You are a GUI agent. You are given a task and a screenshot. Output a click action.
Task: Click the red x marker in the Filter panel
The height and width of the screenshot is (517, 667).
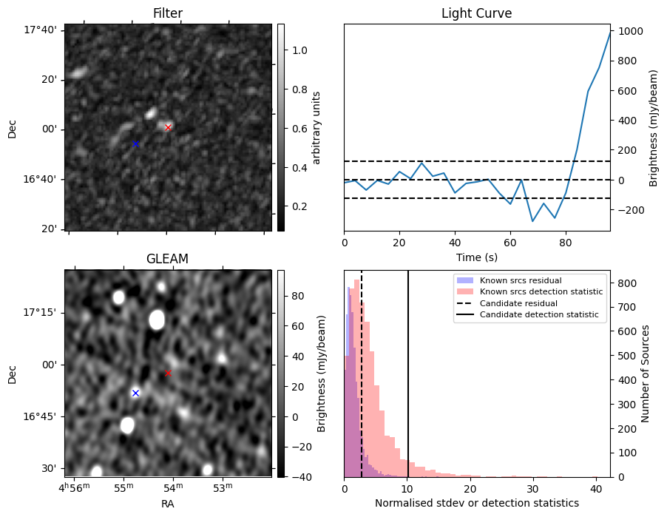pos(168,127)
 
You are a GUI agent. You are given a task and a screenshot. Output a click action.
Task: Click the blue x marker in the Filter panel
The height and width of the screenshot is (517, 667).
pos(135,143)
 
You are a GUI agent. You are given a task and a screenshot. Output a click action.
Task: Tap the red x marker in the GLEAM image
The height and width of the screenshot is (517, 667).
pos(168,373)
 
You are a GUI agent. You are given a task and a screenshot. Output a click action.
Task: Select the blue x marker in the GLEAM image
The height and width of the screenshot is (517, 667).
pos(135,393)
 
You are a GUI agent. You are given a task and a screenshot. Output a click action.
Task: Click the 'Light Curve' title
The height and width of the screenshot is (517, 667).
pos(476,13)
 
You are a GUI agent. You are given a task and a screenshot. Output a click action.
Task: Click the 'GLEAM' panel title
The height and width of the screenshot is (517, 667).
pos(168,259)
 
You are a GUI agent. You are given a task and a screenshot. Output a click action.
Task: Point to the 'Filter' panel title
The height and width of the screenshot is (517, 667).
pos(168,13)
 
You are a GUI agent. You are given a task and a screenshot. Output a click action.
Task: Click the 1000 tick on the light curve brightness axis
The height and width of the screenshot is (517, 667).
pos(633,31)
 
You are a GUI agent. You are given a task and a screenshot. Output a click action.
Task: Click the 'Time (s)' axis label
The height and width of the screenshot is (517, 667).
pos(476,257)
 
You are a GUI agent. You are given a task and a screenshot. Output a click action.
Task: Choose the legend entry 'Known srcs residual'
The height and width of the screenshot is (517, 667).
pos(521,281)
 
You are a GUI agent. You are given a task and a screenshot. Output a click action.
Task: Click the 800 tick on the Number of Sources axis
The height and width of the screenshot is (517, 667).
pos(626,283)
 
